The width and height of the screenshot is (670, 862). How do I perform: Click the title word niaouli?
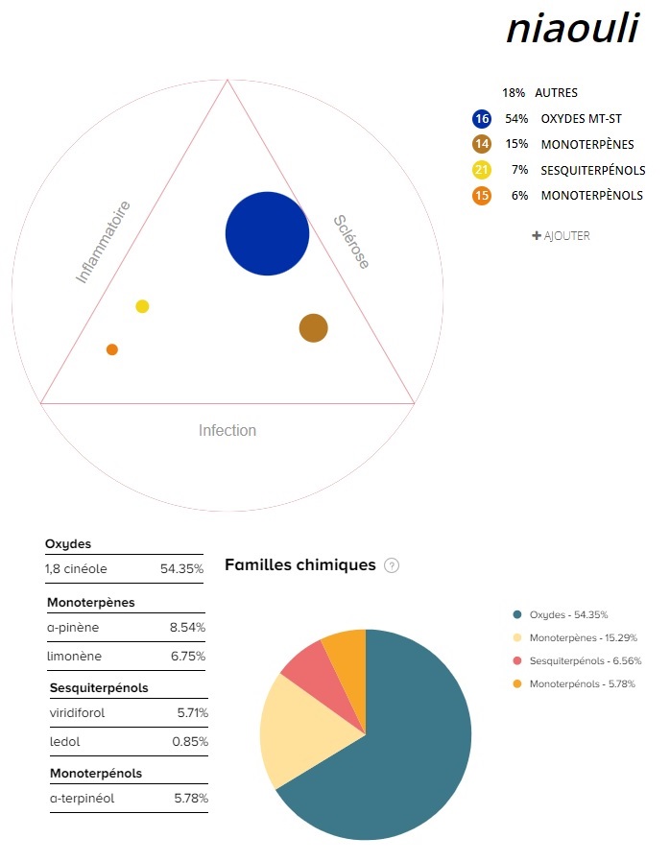click(571, 29)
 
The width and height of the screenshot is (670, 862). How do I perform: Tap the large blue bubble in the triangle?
click(267, 233)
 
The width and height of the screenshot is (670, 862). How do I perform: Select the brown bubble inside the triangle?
click(313, 328)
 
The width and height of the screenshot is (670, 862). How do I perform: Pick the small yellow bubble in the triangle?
click(142, 306)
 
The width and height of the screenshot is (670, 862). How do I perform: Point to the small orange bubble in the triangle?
click(112, 349)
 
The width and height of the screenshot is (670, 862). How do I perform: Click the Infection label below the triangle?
click(227, 430)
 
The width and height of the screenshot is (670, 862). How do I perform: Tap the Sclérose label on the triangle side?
click(351, 241)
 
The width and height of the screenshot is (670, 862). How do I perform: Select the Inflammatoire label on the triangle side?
click(103, 242)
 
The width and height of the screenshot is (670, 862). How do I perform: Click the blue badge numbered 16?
click(482, 119)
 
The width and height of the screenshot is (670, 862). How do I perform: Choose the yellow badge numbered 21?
click(482, 170)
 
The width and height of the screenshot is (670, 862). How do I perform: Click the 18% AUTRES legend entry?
click(539, 93)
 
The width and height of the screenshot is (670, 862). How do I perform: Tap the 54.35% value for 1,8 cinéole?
click(181, 568)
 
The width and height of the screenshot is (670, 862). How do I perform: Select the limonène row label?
click(75, 657)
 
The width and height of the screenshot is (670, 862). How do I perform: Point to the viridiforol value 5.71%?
click(192, 713)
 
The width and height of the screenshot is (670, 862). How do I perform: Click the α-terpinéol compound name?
click(82, 798)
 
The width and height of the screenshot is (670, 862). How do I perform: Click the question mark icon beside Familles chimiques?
click(392, 565)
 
